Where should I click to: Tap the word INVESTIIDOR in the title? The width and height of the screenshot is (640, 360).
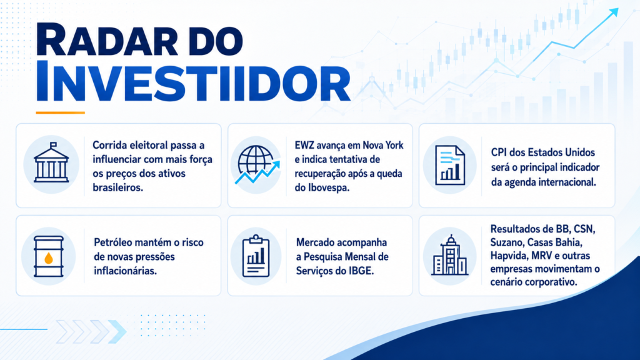pos(193,81)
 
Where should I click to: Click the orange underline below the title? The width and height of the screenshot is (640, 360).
pos(61,112)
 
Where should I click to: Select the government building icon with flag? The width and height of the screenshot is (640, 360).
pos(51,162)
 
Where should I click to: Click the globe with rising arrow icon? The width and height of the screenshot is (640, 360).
pos(257,164)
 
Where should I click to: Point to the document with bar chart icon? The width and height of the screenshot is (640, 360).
pos(450,165)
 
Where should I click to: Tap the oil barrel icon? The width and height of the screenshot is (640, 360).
pos(49,256)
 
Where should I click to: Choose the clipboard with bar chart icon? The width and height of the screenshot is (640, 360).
pos(256,256)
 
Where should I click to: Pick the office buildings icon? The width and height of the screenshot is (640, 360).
pos(449,255)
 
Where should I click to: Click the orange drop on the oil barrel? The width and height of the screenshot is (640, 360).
pos(49,258)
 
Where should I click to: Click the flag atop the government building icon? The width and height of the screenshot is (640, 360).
pos(54,145)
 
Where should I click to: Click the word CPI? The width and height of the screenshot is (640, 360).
pos(498,152)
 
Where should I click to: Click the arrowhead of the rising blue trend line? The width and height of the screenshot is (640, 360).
pos(614,12)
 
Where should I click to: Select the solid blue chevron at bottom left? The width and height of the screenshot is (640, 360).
pos(117,331)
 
